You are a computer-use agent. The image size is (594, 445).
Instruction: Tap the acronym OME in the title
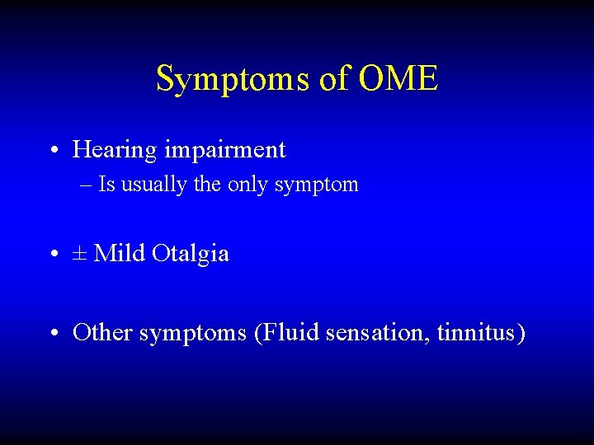(x=398, y=80)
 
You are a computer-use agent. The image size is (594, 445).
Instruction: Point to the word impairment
(x=224, y=151)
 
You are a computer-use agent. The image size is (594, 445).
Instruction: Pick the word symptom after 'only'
(x=317, y=185)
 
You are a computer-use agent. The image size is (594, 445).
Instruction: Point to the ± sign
(x=80, y=254)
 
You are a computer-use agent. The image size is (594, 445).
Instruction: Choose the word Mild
(x=120, y=253)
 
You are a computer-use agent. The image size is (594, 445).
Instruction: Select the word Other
(x=102, y=333)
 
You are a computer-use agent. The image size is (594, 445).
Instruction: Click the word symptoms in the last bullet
(x=192, y=335)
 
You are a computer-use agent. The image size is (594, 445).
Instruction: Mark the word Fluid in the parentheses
(x=288, y=333)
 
